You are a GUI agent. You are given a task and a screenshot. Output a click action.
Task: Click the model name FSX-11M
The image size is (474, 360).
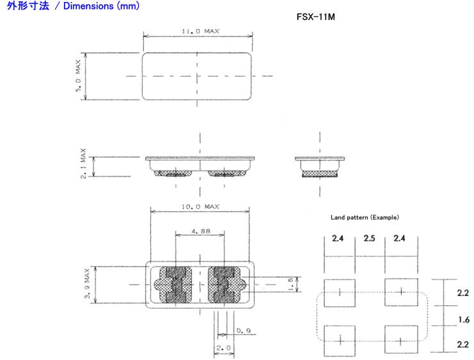(315, 17)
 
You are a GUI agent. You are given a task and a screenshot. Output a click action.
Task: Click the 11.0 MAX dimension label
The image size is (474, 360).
(200, 31)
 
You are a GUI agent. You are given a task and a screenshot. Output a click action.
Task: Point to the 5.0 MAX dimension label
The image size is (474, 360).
(78, 75)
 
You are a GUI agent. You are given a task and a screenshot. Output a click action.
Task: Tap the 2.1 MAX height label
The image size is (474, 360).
(83, 163)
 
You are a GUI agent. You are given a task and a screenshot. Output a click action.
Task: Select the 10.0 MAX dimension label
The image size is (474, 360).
(200, 207)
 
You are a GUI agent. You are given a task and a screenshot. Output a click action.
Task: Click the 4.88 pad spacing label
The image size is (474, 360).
(201, 231)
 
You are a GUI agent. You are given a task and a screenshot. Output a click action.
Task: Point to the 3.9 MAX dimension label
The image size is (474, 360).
(87, 283)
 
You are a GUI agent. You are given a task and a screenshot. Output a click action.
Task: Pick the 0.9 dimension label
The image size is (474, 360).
(243, 331)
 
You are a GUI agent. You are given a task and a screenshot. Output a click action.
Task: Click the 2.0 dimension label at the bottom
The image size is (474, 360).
(224, 348)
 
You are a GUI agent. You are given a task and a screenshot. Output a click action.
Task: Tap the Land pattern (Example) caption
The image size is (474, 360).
(365, 217)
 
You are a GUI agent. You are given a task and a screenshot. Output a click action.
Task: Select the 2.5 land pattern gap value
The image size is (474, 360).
(369, 238)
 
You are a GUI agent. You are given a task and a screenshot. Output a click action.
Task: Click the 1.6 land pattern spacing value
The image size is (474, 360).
(464, 320)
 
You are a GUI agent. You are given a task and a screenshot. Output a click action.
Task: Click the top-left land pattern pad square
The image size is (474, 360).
(340, 293)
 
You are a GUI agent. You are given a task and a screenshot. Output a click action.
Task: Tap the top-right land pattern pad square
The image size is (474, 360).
(401, 292)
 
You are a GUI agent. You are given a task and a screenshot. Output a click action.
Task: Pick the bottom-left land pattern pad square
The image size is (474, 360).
(340, 341)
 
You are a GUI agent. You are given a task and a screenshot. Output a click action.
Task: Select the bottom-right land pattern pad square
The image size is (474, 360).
(401, 340)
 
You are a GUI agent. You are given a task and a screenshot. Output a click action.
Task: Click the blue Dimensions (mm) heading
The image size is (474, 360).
(73, 6)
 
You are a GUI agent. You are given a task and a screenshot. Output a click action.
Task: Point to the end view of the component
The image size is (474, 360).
(320, 167)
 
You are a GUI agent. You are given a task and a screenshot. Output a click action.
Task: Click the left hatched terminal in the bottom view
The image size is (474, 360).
(173, 285)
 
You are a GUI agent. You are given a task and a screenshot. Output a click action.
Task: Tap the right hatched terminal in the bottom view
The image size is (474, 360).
(226, 285)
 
